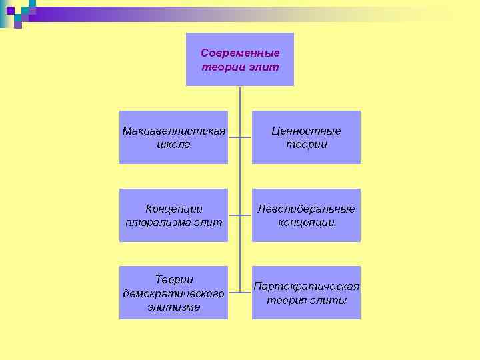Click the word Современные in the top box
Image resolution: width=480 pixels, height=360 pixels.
[x=240, y=53]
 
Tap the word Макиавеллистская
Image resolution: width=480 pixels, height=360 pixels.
[x=174, y=131]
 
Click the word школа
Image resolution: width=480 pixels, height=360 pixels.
[x=174, y=144]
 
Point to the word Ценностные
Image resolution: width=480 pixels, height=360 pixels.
[x=306, y=131]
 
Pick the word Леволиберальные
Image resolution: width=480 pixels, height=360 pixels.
[x=306, y=209]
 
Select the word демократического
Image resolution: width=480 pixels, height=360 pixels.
[x=174, y=293]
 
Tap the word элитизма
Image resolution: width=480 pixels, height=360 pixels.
[x=174, y=307]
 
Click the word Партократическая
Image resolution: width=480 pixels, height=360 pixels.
[x=306, y=286]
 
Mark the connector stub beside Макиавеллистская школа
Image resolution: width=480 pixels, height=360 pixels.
[x=233, y=137]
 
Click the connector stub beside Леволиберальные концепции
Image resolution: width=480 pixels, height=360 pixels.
[x=246, y=215]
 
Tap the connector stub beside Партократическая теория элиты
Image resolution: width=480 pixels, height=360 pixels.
[x=246, y=293]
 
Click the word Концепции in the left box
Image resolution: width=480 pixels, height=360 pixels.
[x=174, y=209]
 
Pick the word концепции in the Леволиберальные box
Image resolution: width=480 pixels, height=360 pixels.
[x=306, y=222]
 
